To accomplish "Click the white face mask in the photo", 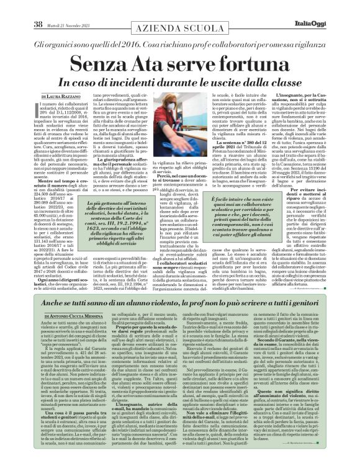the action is [180, 121].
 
